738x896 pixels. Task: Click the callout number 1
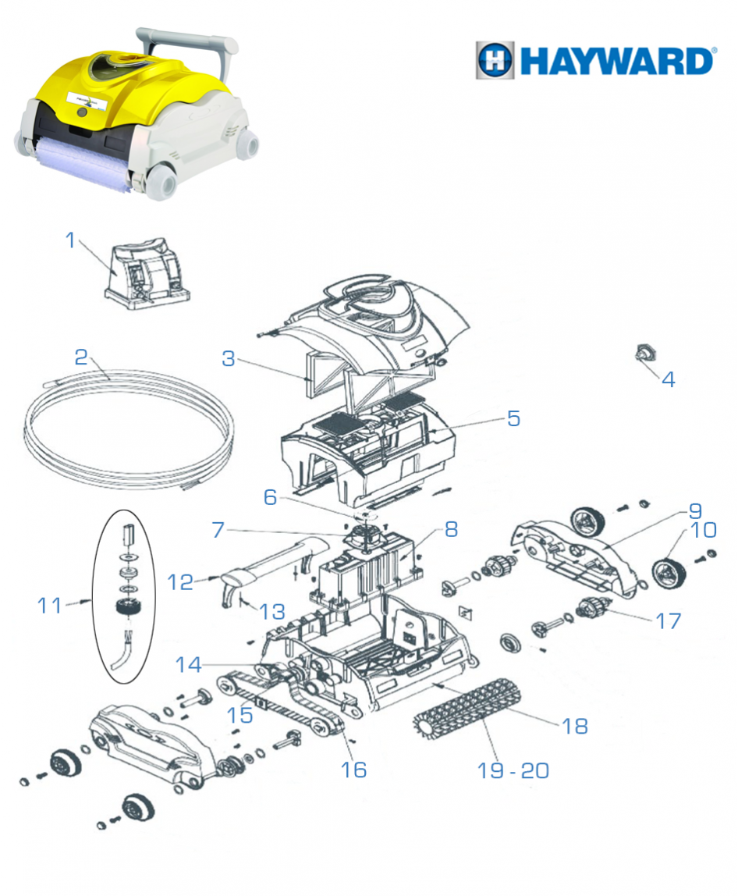(x=71, y=240)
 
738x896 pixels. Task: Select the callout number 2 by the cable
(x=81, y=357)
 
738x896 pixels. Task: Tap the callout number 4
(x=668, y=379)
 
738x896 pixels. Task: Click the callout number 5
(x=513, y=418)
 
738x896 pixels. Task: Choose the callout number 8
(x=451, y=530)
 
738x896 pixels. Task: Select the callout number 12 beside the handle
(x=180, y=581)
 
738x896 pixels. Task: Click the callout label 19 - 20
(x=513, y=770)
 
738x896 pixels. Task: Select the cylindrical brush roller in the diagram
(x=466, y=707)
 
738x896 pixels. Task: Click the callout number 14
(x=190, y=665)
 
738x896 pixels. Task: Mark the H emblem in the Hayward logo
(x=495, y=60)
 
